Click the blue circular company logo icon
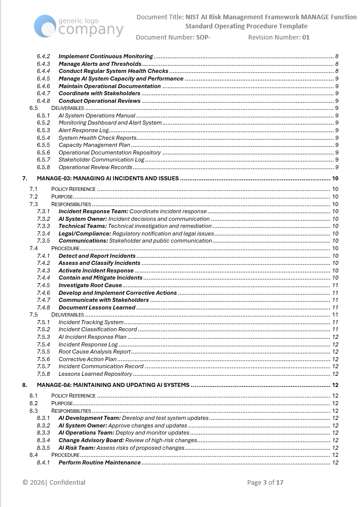pyautogui.click(x=45, y=26)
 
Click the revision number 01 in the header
pyautogui.click(x=306, y=37)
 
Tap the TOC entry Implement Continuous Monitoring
pyautogui.click(x=105, y=56)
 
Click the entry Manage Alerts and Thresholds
pyautogui.click(x=100, y=64)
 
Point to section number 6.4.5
pyautogui.click(x=44, y=79)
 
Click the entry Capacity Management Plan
pyautogui.click(x=94, y=145)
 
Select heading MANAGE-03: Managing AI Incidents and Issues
pyautogui.click(x=108, y=178)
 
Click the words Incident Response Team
pyautogui.click(x=93, y=211)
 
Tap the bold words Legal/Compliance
pyautogui.click(x=85, y=233)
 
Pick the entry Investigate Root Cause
pyautogui.click(x=90, y=285)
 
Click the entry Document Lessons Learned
pyautogui.click(x=97, y=307)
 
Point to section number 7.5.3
pyautogui.click(x=44, y=337)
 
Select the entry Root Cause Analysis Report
pyautogui.click(x=94, y=352)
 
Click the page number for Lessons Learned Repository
pyautogui.click(x=335, y=374)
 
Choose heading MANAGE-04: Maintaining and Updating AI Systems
pyautogui.click(x=113, y=385)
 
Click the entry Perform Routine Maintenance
pyautogui.click(x=99, y=462)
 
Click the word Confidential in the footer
pyautogui.click(x=67, y=483)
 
